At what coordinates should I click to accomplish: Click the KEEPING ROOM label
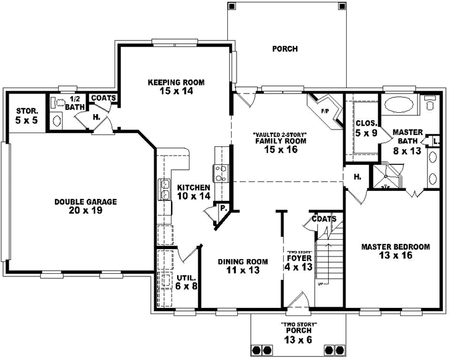point(176,82)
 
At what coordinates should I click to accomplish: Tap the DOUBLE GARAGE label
point(85,201)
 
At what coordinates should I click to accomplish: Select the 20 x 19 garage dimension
point(85,210)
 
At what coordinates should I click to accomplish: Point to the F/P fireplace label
point(325,112)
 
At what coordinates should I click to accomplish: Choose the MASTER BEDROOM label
point(395,246)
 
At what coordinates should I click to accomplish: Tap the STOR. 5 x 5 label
point(27,115)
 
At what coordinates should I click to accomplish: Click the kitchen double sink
point(165,189)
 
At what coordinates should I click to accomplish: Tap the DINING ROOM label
point(243,261)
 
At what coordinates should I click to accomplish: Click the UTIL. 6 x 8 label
point(186,282)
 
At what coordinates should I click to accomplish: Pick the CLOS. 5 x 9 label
point(366,127)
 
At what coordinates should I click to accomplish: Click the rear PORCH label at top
point(285,49)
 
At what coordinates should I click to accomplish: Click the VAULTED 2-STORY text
point(280,134)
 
